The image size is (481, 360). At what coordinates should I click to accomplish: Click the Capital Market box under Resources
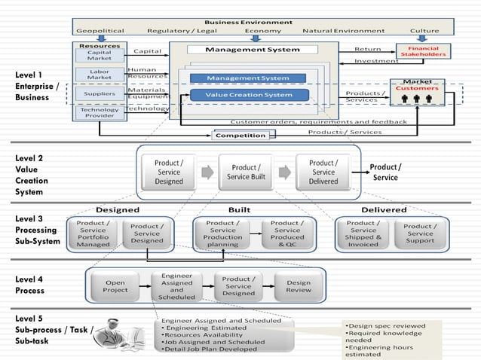click(x=100, y=56)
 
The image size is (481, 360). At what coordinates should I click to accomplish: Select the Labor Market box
click(x=100, y=74)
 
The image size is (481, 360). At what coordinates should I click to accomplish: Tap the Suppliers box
click(x=100, y=94)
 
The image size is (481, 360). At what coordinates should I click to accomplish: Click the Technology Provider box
click(x=100, y=112)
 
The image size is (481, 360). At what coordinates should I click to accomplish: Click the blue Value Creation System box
click(x=249, y=95)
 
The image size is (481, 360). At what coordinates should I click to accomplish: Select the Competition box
click(x=240, y=136)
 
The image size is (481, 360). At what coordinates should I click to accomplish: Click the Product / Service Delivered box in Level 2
click(x=323, y=172)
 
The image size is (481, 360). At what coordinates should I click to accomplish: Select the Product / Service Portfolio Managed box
click(x=93, y=233)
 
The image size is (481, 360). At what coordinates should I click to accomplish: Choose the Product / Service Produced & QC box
click(x=286, y=233)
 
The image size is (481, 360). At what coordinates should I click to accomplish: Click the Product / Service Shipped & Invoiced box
click(x=363, y=233)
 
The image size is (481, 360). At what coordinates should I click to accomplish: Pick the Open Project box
click(x=115, y=287)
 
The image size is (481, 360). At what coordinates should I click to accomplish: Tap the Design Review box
click(x=298, y=287)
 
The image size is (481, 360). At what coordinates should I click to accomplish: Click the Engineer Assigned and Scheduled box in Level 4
click(x=176, y=286)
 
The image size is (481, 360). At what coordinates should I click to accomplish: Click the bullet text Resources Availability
click(x=207, y=335)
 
